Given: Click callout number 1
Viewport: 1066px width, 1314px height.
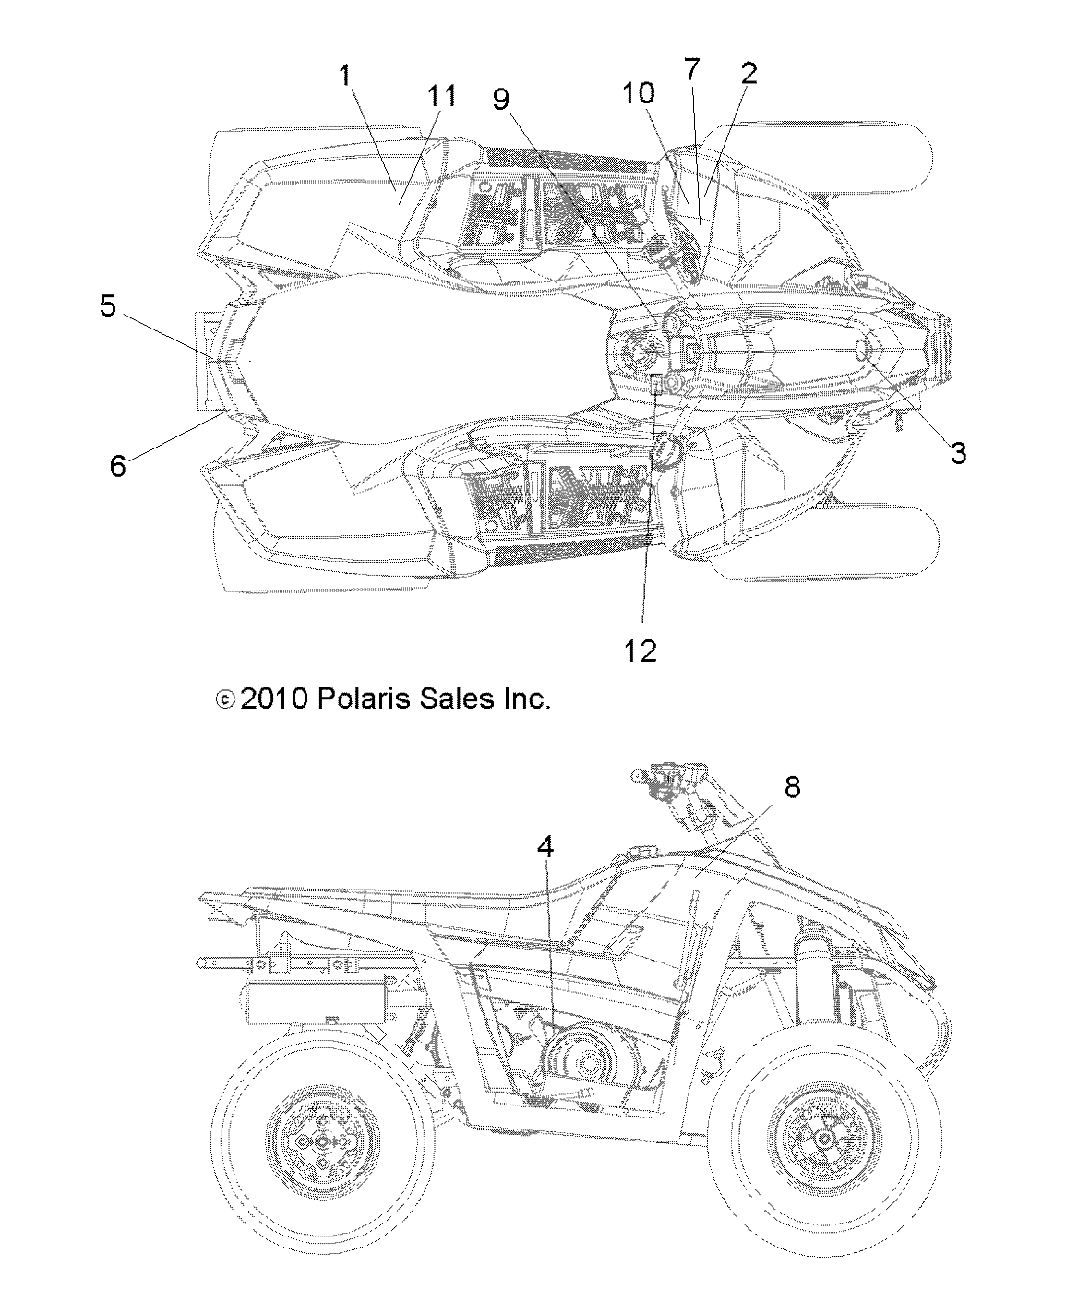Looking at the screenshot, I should click(x=346, y=76).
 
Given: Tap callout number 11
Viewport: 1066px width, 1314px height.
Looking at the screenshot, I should click(x=441, y=95).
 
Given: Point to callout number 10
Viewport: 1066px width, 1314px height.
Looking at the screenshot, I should click(x=638, y=92).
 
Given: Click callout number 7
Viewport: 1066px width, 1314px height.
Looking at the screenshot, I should click(x=691, y=67).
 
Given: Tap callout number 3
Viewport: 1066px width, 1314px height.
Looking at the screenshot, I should click(x=958, y=452).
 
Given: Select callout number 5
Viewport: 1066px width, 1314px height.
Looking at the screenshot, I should click(x=108, y=305).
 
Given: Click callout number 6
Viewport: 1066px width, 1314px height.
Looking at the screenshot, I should click(x=117, y=466).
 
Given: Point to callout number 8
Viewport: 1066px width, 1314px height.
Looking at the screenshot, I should click(x=791, y=786).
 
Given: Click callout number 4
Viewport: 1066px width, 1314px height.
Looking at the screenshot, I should click(x=546, y=846).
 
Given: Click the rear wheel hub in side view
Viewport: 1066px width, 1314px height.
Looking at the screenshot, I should click(x=321, y=1141).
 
